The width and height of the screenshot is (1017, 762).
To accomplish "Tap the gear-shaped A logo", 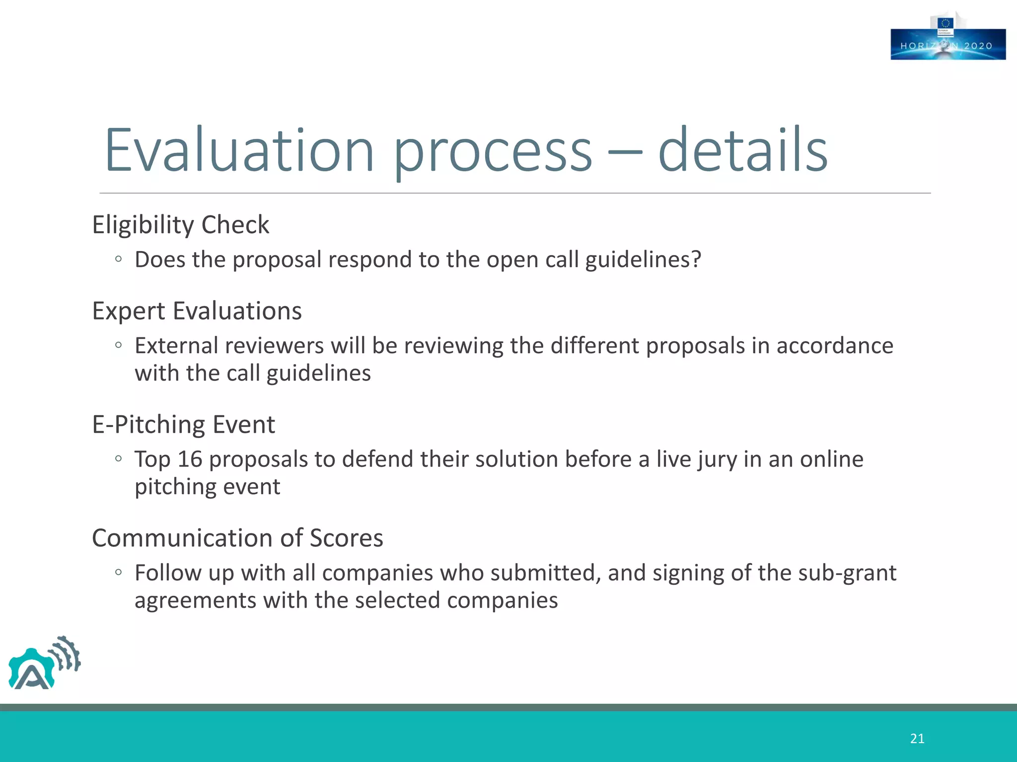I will coord(44,664).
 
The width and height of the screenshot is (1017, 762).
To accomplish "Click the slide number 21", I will coord(917,739).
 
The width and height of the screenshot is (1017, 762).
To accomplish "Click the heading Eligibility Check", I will coord(181,225).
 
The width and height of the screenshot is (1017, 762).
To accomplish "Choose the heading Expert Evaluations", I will coord(197,311).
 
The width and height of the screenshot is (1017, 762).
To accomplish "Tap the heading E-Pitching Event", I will coord(184,425).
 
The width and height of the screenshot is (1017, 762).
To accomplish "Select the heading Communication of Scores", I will coord(237,538).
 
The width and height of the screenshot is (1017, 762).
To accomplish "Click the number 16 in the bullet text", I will coord(190,459).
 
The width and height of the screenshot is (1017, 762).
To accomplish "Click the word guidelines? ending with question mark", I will coord(643,260).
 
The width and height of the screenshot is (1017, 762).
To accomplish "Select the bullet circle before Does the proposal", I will coord(118,259).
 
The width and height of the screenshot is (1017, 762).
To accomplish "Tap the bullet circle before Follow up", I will coord(118,572).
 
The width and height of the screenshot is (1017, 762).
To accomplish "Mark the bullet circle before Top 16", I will coord(118,459).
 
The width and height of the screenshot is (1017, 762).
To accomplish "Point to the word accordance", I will coord(835,346).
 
